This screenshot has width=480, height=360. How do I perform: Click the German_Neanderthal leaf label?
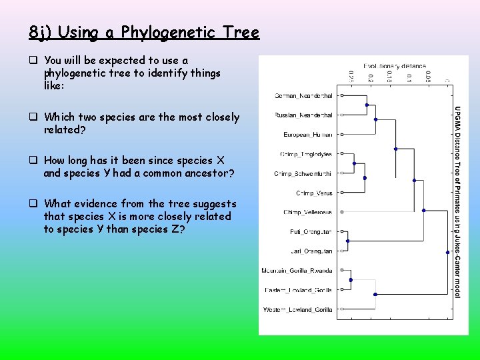point(303,96)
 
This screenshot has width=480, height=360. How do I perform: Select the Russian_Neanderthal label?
point(303,115)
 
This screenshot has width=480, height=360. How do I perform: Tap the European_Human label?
point(307,135)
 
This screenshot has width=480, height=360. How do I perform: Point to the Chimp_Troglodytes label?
point(306,154)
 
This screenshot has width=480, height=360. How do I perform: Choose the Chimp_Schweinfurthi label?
point(303,173)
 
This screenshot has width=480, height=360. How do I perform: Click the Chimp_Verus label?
point(314,193)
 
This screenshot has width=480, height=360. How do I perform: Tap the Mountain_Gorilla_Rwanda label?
point(297,271)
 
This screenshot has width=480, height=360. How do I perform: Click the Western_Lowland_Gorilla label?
point(297,309)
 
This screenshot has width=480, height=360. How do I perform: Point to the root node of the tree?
point(447,252)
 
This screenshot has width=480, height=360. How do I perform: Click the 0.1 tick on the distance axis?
point(409,77)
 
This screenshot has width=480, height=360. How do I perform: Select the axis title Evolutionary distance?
point(394,65)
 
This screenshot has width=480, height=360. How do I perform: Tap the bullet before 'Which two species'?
point(33,117)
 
